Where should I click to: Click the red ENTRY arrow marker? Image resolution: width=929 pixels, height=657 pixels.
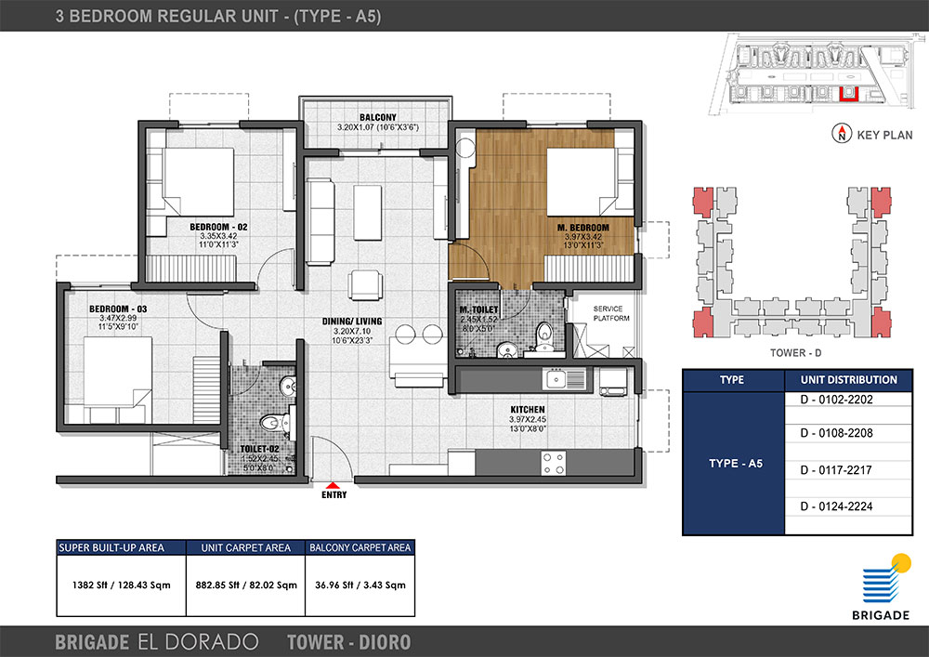click(334, 485)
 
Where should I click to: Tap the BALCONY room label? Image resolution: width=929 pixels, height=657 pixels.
click(377, 117)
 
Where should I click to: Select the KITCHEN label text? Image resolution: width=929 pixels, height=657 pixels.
click(528, 410)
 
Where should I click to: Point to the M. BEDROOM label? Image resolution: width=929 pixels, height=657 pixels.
click(583, 228)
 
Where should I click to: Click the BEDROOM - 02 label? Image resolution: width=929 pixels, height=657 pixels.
click(218, 227)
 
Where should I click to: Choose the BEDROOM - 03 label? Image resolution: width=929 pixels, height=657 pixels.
click(118, 309)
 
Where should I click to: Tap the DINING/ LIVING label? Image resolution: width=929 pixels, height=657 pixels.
click(352, 322)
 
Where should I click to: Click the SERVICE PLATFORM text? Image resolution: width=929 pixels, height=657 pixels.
click(610, 313)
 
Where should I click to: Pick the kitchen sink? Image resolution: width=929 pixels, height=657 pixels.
click(564, 378)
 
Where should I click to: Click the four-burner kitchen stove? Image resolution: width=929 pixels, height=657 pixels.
click(553, 464)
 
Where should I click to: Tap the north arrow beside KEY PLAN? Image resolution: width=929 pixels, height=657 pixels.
click(842, 133)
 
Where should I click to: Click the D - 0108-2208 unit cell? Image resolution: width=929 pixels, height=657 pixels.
click(848, 433)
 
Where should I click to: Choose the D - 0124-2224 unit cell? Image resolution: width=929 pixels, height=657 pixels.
click(848, 506)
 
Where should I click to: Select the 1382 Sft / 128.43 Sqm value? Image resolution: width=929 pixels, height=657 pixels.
click(122, 585)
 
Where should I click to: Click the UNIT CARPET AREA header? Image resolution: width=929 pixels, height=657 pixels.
click(245, 547)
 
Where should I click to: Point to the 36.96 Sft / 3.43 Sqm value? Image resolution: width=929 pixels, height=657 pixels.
click(360, 585)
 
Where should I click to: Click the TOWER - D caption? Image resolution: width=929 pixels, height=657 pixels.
click(796, 353)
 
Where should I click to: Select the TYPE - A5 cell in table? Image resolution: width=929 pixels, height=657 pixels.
click(734, 464)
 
